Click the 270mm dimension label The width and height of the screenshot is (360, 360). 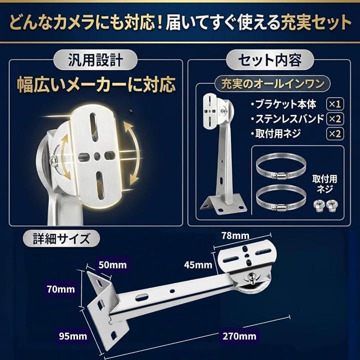239,336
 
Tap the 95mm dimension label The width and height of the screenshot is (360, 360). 73,336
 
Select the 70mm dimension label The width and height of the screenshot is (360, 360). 61,289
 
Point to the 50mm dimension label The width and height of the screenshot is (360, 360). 112,265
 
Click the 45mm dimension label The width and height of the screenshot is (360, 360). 198,265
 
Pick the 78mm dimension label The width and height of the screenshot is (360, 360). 235,235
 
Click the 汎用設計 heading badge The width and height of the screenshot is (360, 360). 95,60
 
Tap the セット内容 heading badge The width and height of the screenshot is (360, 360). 270,60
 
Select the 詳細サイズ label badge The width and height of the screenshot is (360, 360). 61,238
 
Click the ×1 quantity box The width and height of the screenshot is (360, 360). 335,104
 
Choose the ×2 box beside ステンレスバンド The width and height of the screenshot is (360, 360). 335,119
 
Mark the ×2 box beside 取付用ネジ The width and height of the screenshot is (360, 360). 335,133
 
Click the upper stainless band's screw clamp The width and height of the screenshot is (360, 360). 279,176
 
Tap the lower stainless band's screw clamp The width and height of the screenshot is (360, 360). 279,206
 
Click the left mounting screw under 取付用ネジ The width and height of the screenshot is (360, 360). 318,205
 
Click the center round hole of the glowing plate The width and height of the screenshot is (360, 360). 97,156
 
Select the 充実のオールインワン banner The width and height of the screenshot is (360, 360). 272,84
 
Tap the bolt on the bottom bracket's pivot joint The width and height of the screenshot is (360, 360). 252,278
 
